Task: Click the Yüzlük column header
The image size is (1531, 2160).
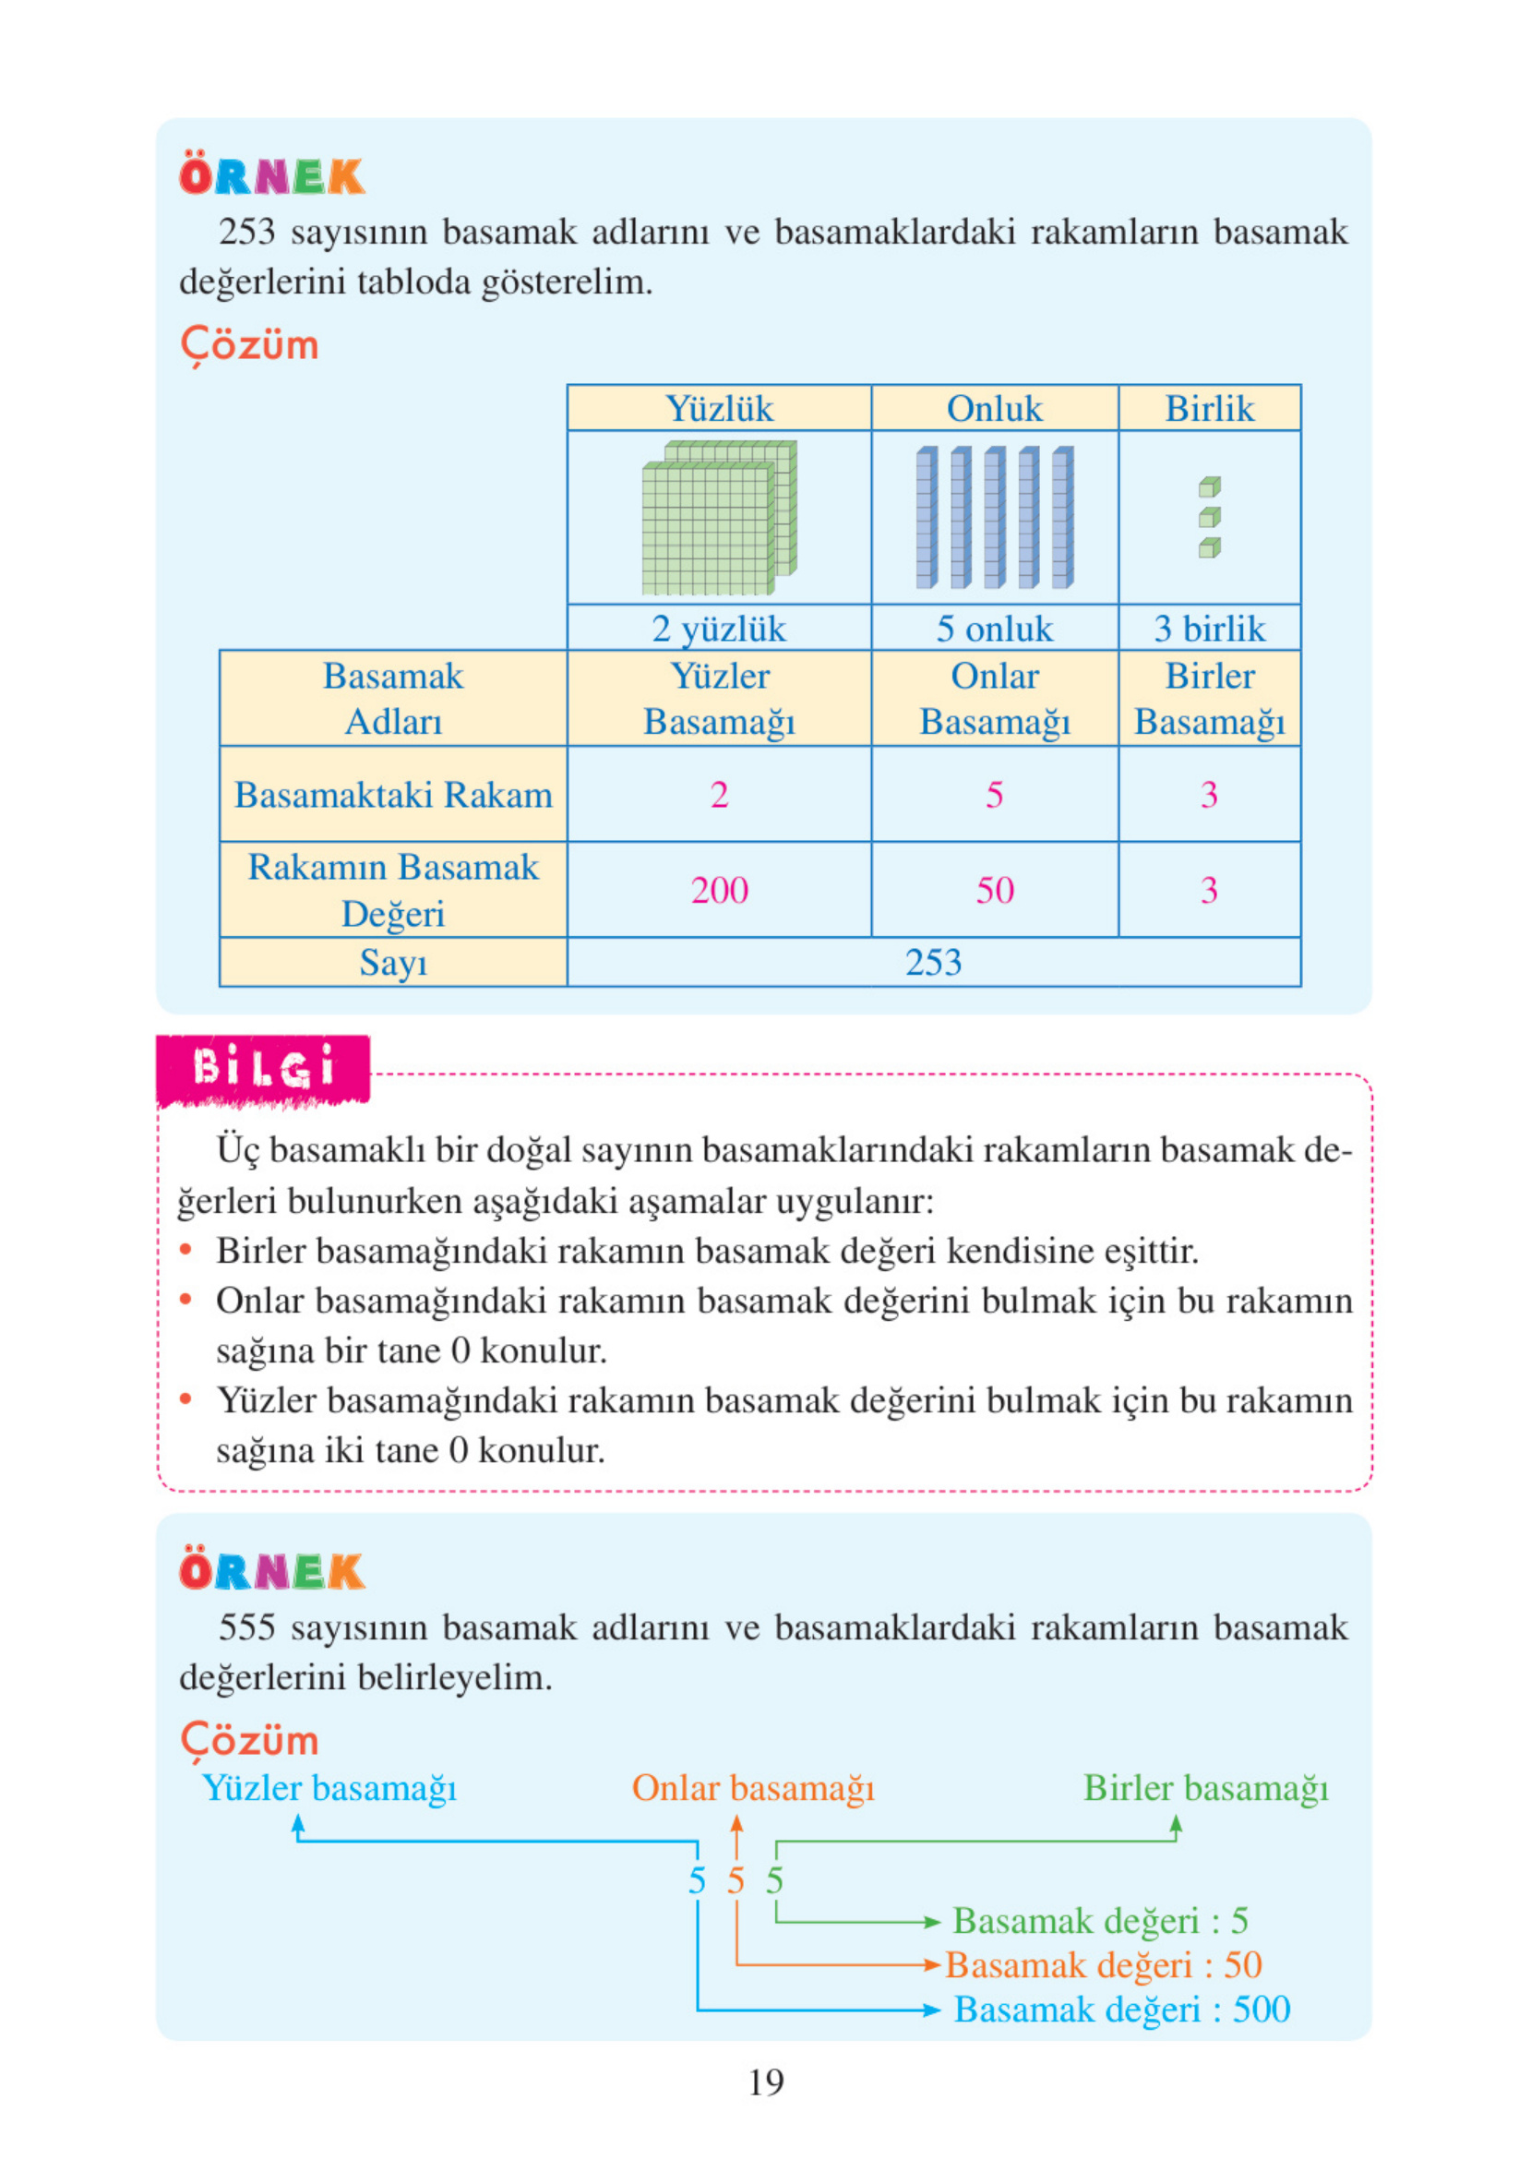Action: [x=719, y=408]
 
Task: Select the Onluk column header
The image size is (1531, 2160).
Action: [x=995, y=408]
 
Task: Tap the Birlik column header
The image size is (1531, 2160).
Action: [x=1210, y=408]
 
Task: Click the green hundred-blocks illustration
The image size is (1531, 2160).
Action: [x=719, y=517]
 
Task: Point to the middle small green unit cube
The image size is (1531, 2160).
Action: [x=1210, y=517]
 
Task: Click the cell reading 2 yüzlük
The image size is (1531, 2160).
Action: [x=719, y=629]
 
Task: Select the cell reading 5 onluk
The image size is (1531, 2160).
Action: [x=995, y=629]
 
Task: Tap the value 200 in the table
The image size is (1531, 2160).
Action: [x=719, y=890]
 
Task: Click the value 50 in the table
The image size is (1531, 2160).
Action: [x=995, y=890]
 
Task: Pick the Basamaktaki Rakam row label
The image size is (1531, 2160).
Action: [x=393, y=795]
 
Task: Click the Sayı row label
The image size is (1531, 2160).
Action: [x=393, y=963]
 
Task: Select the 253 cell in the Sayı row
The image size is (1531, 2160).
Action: [x=933, y=963]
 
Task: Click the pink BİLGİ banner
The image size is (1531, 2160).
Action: [x=263, y=1069]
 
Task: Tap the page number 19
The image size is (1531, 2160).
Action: [x=766, y=2082]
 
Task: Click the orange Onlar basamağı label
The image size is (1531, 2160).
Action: [x=752, y=1789]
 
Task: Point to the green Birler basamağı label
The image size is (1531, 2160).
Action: [x=1205, y=1789]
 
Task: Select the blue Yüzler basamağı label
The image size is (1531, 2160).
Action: [x=329, y=1789]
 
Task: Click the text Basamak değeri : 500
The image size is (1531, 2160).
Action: [x=1122, y=2010]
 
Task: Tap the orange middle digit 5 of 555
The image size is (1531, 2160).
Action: [x=736, y=1881]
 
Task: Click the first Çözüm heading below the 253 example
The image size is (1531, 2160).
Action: [x=250, y=345]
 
